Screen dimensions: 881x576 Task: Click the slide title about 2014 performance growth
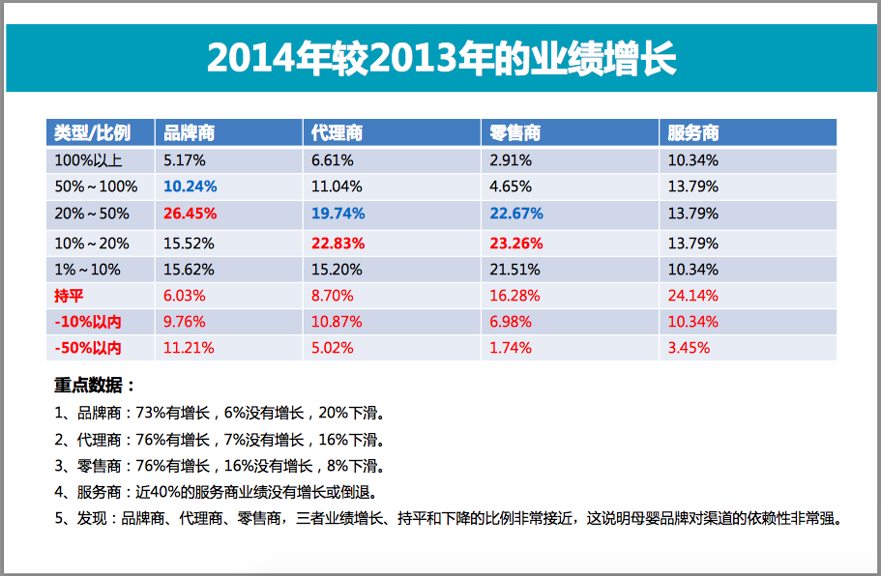point(441,58)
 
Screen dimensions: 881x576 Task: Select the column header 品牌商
point(189,133)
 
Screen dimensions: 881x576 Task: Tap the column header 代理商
point(337,133)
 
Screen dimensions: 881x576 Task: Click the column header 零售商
point(514,133)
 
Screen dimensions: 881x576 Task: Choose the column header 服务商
point(692,133)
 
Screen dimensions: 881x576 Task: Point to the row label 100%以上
point(88,160)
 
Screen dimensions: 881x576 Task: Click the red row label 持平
point(69,296)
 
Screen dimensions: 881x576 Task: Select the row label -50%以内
point(88,348)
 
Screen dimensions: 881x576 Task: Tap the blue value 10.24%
point(190,187)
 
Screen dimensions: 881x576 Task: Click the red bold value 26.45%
point(190,214)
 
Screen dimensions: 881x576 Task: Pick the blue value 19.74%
point(338,214)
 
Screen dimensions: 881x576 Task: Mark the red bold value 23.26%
point(515,244)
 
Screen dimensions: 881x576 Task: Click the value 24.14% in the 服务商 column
point(692,296)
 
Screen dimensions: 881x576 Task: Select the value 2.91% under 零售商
point(511,160)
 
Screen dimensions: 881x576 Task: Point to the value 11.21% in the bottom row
point(189,348)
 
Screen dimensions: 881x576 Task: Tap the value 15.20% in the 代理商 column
point(337,270)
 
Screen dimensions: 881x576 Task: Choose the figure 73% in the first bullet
point(151,414)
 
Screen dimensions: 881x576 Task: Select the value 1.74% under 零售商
point(511,348)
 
